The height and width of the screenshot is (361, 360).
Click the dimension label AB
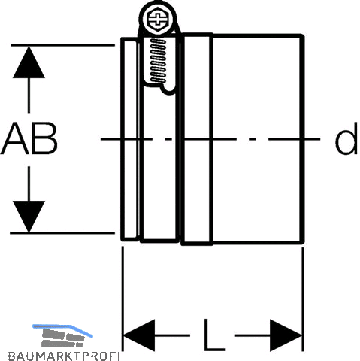29,138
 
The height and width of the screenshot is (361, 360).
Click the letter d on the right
346,138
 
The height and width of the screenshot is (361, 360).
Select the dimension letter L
214,335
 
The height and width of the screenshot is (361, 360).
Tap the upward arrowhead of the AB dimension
29,62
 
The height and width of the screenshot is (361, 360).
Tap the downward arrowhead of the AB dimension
29,216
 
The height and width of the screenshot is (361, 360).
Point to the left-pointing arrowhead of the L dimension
138,335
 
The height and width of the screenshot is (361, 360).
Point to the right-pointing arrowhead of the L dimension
286,335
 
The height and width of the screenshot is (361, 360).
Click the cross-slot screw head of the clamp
158,19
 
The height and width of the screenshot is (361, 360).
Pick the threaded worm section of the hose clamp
158,60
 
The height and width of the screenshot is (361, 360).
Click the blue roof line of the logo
62,329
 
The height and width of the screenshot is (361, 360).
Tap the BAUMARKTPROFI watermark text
63,356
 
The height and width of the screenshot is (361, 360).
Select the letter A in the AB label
15,138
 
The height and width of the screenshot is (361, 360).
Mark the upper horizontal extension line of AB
62,45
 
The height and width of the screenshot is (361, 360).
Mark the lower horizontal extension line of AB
62,233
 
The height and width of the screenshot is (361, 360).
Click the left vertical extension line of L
123,299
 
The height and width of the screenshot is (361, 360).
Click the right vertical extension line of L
303,299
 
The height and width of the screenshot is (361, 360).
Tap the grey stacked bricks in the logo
62,338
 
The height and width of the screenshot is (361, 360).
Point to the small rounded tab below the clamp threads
168,89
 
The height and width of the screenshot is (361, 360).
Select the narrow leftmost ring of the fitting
129,139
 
